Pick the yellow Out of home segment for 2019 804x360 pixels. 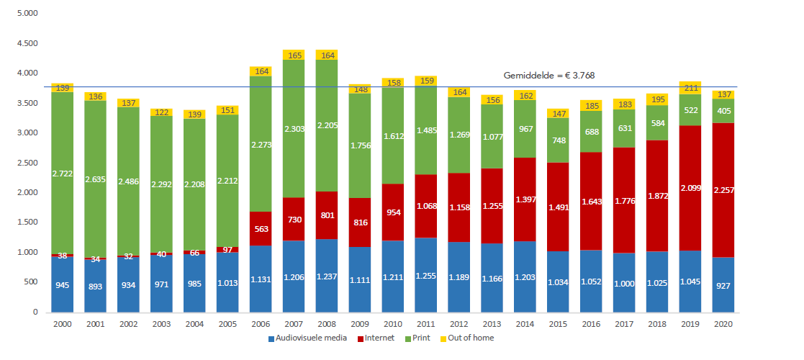coord(690,88)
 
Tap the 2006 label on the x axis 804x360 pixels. coord(260,324)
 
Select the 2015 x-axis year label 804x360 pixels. coord(558,324)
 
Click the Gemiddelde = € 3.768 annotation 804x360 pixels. coord(548,75)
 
